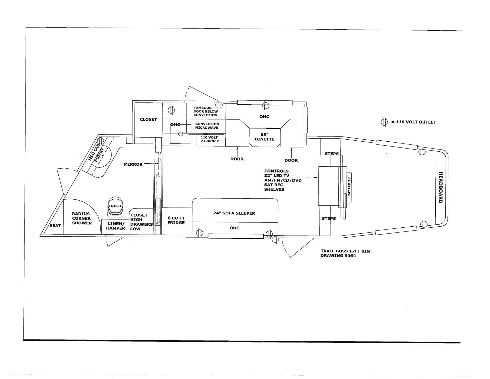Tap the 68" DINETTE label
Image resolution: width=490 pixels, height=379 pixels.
264,137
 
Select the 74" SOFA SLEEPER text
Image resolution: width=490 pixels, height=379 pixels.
234,213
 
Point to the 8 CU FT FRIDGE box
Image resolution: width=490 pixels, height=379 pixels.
176,221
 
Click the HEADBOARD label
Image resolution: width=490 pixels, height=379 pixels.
440,188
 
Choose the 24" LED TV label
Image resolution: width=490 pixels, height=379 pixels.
349,187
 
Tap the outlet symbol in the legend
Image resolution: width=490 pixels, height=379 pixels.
384,122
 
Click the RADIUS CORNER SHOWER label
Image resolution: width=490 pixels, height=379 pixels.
82,218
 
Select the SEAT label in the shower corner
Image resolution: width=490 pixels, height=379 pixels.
55,226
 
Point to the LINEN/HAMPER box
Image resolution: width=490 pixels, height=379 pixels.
116,226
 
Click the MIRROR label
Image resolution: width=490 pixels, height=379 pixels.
133,164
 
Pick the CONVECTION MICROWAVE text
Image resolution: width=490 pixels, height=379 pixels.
207,126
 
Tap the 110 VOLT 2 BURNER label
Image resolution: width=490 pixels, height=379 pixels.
210,139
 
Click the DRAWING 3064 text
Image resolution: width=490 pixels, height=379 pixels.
338,256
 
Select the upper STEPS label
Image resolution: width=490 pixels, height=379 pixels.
332,154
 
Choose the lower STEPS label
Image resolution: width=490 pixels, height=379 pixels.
329,218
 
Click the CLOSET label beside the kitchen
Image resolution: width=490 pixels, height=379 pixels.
148,119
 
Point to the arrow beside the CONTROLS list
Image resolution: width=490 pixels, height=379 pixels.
312,178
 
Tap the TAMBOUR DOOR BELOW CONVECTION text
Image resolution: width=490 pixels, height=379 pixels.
205,112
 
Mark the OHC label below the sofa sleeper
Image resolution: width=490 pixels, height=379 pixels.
234,228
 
